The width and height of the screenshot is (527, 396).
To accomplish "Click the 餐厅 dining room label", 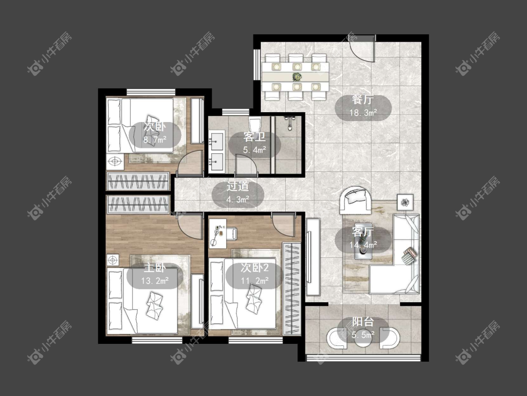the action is (x=363, y=100).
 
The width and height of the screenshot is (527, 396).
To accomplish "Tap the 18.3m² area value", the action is (x=363, y=113).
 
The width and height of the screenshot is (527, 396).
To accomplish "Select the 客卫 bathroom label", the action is (x=254, y=137).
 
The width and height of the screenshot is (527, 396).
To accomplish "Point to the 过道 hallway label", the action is (x=238, y=187).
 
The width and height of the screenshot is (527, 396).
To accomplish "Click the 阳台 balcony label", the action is (x=363, y=322).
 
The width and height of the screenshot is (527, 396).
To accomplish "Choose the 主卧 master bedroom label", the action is (x=155, y=268).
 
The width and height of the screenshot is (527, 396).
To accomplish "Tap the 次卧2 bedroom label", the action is (x=254, y=268).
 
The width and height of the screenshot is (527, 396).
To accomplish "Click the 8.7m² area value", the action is (x=155, y=140).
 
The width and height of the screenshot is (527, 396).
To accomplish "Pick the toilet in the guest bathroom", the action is (x=255, y=124).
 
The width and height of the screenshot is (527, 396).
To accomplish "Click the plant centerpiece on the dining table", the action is (x=297, y=77).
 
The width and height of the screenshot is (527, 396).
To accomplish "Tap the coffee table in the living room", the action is (x=364, y=241).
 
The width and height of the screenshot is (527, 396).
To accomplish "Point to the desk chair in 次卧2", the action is (x=231, y=234).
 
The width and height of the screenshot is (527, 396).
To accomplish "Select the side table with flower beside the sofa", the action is (x=406, y=202).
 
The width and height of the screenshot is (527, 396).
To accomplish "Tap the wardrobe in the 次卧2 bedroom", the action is (x=292, y=288).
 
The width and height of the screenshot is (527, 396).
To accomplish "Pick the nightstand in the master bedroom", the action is (x=113, y=260).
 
